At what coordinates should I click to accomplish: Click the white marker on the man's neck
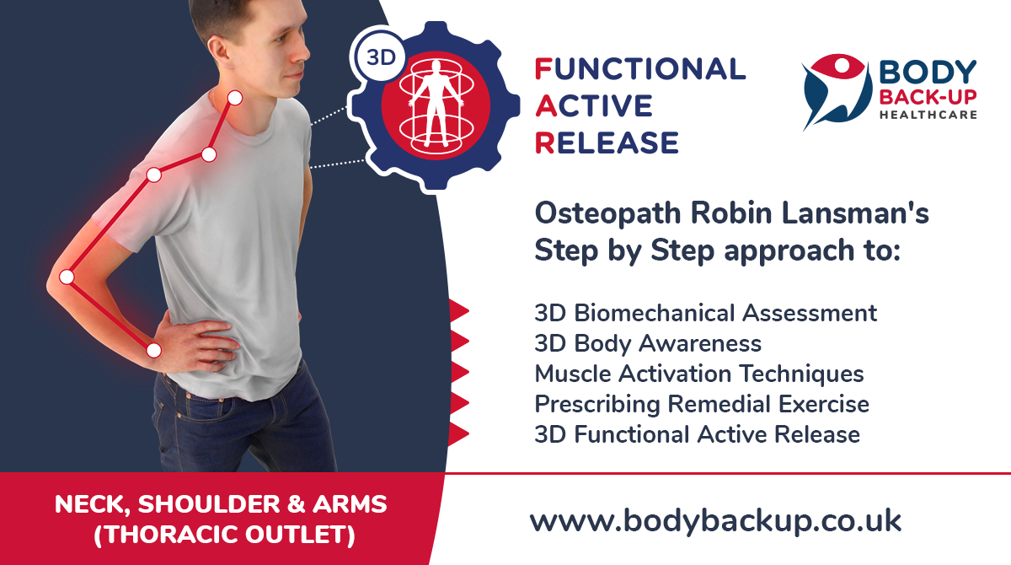(235, 98)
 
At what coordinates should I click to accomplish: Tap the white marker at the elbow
(67, 277)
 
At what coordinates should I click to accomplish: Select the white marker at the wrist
(154, 350)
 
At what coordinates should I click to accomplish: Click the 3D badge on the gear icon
(380, 57)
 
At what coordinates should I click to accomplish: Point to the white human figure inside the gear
(436, 104)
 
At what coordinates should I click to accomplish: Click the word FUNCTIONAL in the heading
(640, 69)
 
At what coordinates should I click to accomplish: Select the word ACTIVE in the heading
(594, 106)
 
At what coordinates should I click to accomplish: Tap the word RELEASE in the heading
(607, 143)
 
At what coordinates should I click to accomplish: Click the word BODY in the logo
(928, 72)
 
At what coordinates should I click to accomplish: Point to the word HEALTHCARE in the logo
(928, 115)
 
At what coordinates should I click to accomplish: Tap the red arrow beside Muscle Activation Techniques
(459, 372)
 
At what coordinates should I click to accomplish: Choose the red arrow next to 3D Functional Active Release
(458, 433)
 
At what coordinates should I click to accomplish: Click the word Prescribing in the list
(596, 405)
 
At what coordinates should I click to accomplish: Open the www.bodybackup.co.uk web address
(715, 521)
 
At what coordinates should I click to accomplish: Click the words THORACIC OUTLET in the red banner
(224, 535)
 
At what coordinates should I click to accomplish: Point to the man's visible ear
(218, 51)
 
